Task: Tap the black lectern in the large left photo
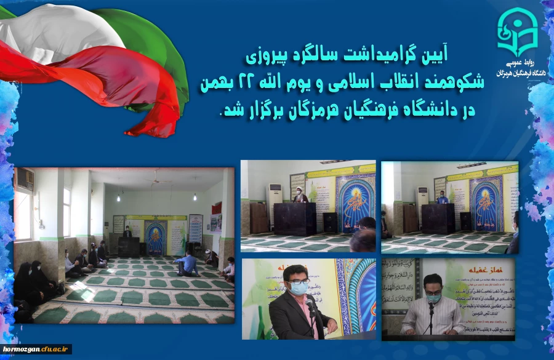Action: [x=129, y=246]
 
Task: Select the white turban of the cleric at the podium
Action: [x=299, y=192]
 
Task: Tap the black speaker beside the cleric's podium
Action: [x=330, y=222]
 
